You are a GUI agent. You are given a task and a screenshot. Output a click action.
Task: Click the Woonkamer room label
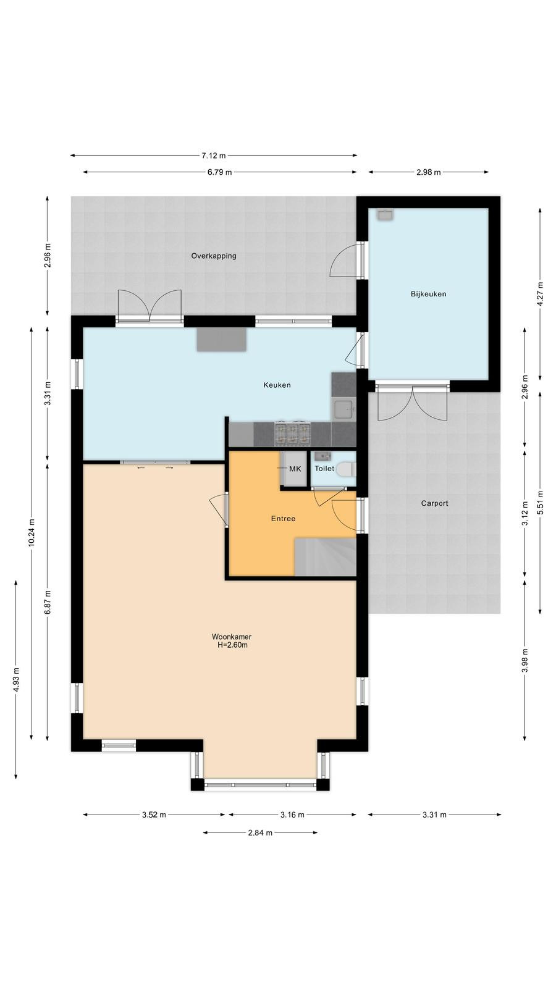(231, 637)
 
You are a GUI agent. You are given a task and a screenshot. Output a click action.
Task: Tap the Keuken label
(277, 385)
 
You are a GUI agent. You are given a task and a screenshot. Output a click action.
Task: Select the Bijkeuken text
(429, 294)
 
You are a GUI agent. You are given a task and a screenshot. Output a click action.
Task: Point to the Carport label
(435, 503)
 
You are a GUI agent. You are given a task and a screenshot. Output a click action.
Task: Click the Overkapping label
(214, 256)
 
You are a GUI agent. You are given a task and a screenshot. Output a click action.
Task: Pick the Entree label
(284, 519)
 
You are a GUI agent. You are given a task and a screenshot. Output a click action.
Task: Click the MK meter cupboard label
(295, 469)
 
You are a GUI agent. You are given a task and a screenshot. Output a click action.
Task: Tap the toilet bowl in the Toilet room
(346, 469)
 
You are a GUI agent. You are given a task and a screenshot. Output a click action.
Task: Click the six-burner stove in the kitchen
(292, 433)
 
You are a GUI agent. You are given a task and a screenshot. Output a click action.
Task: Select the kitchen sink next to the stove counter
(343, 409)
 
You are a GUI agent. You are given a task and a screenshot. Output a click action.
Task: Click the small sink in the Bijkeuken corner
(385, 215)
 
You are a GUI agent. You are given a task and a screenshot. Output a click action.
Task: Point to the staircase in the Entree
(325, 556)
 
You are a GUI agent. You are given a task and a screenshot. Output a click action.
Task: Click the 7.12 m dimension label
(214, 156)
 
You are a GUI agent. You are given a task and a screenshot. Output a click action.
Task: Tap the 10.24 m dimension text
(31, 534)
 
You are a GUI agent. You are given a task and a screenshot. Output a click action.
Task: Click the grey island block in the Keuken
(222, 340)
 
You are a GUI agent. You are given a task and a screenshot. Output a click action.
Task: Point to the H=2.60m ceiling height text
(232, 645)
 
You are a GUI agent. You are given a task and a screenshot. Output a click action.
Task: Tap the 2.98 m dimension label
(429, 172)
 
